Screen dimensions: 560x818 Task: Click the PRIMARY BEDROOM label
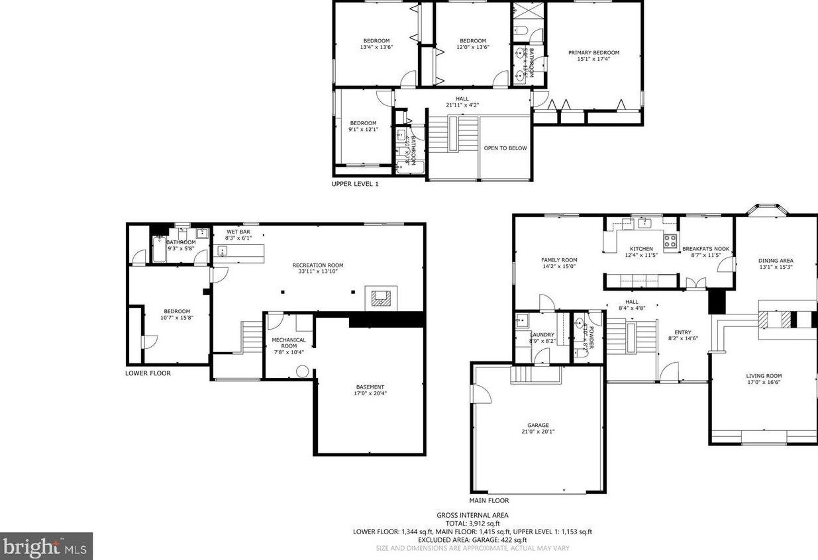(x=593, y=53)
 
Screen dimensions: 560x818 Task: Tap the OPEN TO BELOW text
(x=505, y=148)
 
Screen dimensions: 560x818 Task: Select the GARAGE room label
(x=538, y=426)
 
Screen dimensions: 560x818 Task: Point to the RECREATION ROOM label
(x=318, y=265)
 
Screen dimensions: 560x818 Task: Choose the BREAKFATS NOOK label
(x=705, y=249)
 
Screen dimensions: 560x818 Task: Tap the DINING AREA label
(x=776, y=261)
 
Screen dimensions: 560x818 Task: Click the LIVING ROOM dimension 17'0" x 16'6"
(x=764, y=382)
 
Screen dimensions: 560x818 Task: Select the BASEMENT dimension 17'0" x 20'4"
(x=370, y=393)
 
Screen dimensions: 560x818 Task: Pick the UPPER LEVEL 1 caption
(x=355, y=184)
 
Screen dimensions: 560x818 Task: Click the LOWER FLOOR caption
(x=148, y=373)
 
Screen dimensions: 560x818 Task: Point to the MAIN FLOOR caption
(x=489, y=501)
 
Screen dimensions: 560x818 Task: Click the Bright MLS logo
(x=46, y=546)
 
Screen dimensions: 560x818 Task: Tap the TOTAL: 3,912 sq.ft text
(x=472, y=523)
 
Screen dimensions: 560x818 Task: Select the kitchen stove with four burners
(x=670, y=240)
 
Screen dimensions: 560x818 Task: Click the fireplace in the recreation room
(x=381, y=298)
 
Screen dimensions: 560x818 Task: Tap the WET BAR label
(x=238, y=232)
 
